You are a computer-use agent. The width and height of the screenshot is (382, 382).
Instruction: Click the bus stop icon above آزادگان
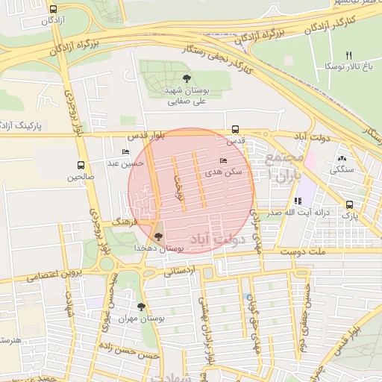tap(52, 9)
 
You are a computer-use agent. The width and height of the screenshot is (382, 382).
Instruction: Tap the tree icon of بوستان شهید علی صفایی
tap(186, 78)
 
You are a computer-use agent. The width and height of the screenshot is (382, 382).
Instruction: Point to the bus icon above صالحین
tap(81, 165)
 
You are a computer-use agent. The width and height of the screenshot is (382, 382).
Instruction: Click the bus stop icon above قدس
tap(236, 128)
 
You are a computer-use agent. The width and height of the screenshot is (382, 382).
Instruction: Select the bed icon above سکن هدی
tap(223, 160)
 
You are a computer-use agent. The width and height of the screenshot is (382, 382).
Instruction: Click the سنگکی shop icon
tap(342, 158)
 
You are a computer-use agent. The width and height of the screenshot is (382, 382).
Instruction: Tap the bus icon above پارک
tap(349, 204)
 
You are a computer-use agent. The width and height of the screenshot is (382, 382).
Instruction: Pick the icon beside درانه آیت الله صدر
tap(298, 201)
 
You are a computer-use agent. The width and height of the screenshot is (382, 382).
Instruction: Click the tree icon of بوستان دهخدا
tap(157, 237)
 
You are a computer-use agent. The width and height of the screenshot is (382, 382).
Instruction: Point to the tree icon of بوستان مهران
tap(141, 307)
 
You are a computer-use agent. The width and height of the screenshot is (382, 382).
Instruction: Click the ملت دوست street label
tap(305, 253)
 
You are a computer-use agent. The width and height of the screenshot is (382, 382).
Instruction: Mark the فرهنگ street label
tap(122, 222)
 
